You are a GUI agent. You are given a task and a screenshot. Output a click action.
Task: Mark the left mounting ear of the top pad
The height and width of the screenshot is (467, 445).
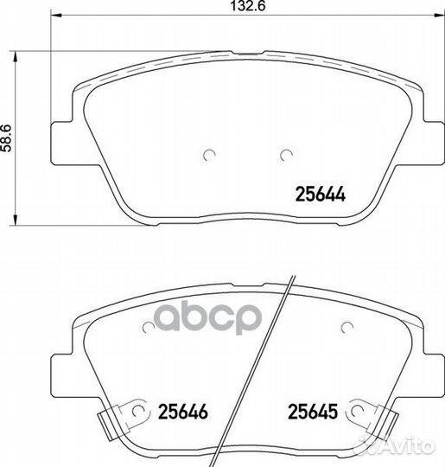coord(61,138)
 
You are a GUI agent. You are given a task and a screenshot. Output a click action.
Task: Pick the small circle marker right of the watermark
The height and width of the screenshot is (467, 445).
coord(346,326)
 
